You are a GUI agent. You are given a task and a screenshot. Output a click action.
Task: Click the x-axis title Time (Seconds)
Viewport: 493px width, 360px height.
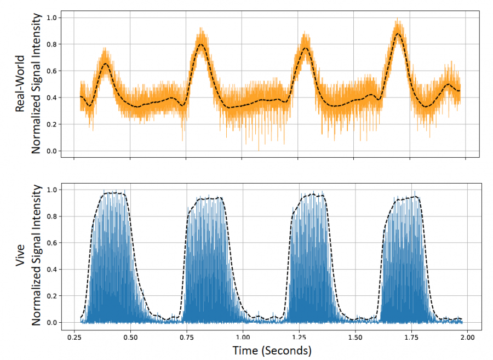272,350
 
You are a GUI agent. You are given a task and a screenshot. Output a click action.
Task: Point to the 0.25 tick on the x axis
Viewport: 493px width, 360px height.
74,338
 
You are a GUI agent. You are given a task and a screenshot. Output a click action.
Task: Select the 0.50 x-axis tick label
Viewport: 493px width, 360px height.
130,338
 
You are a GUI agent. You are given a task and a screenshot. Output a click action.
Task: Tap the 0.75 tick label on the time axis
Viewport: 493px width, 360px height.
186,338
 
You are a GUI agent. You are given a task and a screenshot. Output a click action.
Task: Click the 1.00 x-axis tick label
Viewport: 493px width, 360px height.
243,338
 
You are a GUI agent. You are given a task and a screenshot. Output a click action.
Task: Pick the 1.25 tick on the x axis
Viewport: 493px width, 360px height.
299,338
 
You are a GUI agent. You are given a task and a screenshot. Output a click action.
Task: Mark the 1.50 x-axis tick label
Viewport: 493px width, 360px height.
355,338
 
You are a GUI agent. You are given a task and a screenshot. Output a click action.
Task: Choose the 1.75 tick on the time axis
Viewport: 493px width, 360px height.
411,338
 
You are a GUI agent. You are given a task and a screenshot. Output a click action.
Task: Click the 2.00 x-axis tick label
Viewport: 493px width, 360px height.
467,338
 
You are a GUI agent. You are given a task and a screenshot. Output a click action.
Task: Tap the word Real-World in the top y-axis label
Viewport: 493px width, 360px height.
20,84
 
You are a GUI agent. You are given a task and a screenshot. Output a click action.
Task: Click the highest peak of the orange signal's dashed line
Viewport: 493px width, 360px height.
398,33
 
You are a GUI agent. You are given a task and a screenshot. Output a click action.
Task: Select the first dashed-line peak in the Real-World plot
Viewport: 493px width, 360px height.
106,64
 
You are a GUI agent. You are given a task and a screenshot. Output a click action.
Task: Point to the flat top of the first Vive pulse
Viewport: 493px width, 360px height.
114,192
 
